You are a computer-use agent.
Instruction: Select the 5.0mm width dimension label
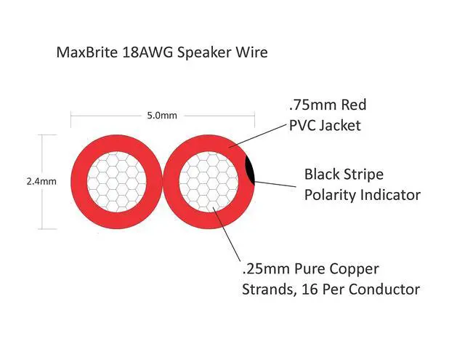point(162,115)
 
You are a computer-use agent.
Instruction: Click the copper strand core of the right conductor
point(207,181)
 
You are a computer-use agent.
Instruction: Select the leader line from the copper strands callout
point(229,233)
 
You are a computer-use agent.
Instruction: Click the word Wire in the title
point(252,53)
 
